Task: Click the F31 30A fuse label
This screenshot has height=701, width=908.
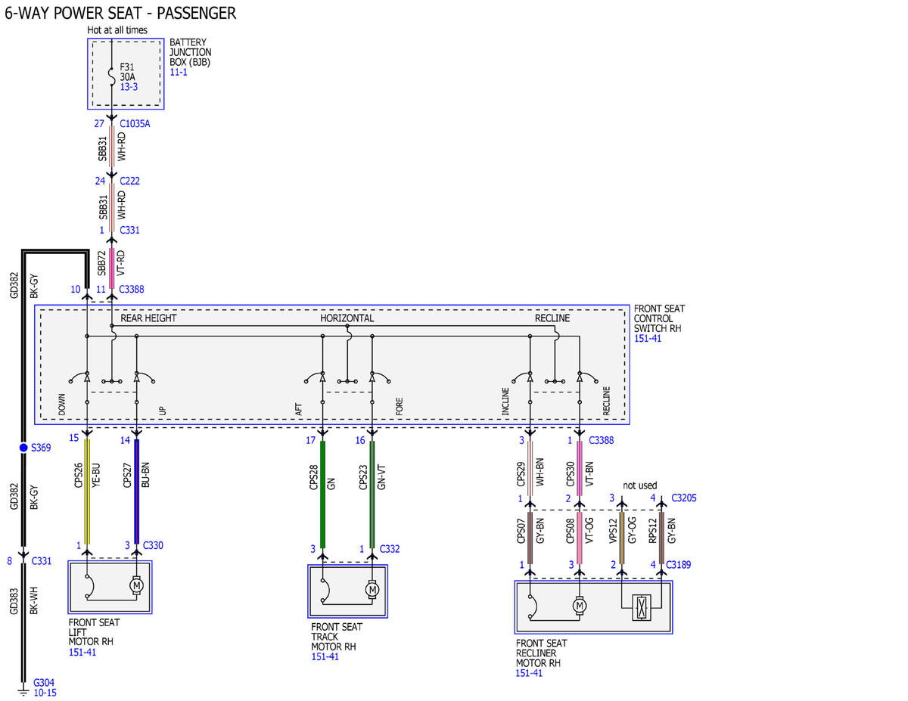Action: tap(127, 72)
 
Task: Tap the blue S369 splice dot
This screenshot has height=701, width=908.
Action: tap(23, 448)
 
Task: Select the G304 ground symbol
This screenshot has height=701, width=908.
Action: tap(23, 692)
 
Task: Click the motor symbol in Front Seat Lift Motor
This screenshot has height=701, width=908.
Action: tap(136, 585)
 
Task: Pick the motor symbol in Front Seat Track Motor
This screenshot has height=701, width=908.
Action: tap(372, 590)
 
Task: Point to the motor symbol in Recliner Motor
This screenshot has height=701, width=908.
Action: tap(579, 606)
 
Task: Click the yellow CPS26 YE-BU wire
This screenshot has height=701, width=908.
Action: tap(87, 492)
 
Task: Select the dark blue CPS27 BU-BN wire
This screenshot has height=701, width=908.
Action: tap(137, 492)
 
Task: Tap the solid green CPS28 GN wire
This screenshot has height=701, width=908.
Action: tap(322, 495)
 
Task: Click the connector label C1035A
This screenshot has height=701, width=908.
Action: tap(135, 123)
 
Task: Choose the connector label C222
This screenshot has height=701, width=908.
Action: tap(129, 181)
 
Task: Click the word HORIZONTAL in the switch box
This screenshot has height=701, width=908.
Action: tap(347, 318)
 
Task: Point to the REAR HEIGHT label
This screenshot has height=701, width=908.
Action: tap(148, 318)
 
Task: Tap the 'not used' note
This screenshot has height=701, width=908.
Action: tap(639, 485)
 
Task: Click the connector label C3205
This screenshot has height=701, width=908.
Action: tap(683, 498)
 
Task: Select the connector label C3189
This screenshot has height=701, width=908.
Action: tap(678, 564)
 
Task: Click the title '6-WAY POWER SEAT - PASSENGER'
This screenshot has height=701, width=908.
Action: tap(120, 13)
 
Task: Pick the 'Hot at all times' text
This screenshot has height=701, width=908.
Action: tap(117, 30)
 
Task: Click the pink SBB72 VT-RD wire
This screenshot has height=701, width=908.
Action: tap(111, 268)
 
